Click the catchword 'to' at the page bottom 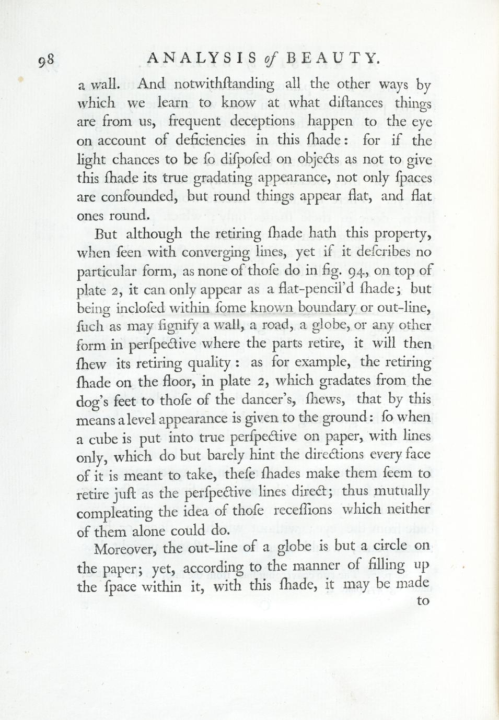(423, 600)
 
